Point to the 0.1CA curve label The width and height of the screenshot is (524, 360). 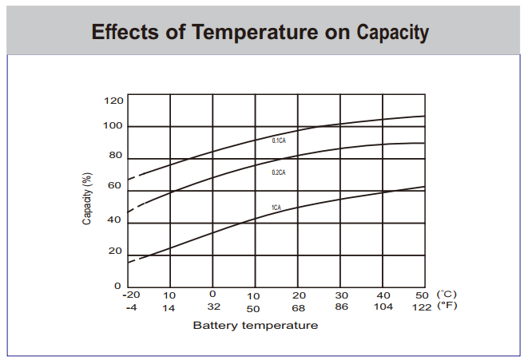pos(279,140)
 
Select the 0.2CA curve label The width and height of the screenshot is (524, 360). pos(279,172)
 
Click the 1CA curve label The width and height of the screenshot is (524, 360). pos(276,208)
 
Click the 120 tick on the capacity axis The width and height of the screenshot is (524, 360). pos(113,100)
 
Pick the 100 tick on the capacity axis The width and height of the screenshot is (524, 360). pos(113,126)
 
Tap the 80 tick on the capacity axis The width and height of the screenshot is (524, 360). pos(116,156)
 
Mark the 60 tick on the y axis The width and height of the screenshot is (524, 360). pos(116,185)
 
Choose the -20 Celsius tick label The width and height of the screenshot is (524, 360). pos(130,295)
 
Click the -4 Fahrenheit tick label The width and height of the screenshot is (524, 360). pos(130,307)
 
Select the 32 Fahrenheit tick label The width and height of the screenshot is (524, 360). pos(212,307)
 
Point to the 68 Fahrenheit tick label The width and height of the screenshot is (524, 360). pos(299,307)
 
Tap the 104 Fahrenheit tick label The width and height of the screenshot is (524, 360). pos(383,307)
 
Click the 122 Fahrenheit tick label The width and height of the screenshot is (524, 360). pos(423,307)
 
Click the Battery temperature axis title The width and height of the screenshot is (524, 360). pos(255,325)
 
